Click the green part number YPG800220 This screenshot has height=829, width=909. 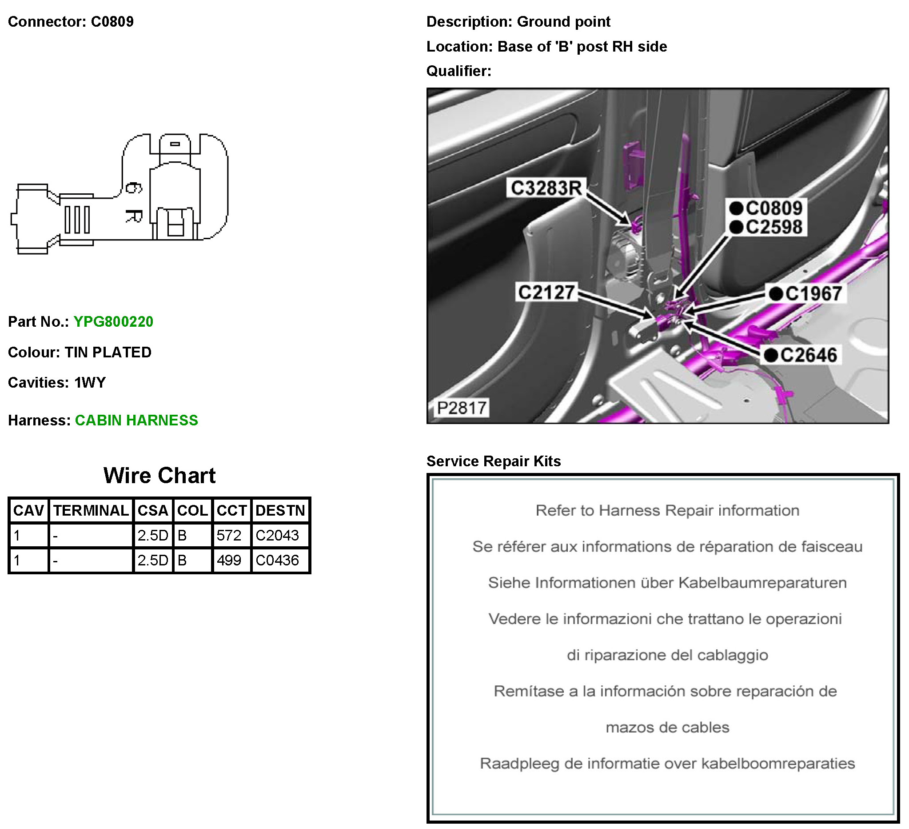pyautogui.click(x=113, y=321)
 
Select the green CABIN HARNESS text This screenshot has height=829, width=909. pyautogui.click(x=136, y=421)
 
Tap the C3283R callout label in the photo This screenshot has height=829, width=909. pyautogui.click(x=546, y=188)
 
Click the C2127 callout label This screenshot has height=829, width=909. pyautogui.click(x=546, y=292)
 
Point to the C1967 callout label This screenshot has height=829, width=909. pyautogui.click(x=813, y=294)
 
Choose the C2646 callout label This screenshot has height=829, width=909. pyautogui.click(x=808, y=355)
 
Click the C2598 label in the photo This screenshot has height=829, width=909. pyautogui.click(x=774, y=227)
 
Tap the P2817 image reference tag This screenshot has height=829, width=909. pyautogui.click(x=461, y=408)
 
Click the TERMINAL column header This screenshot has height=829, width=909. pyautogui.click(x=91, y=511)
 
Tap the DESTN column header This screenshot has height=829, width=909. pyautogui.click(x=280, y=511)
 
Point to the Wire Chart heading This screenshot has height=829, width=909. pyautogui.click(x=159, y=475)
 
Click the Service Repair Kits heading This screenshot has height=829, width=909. pyautogui.click(x=493, y=461)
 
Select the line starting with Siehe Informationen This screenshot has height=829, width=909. pyautogui.click(x=667, y=583)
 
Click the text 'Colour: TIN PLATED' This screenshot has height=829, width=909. pyautogui.click(x=80, y=352)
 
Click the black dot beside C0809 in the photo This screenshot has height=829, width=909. pyautogui.click(x=736, y=208)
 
